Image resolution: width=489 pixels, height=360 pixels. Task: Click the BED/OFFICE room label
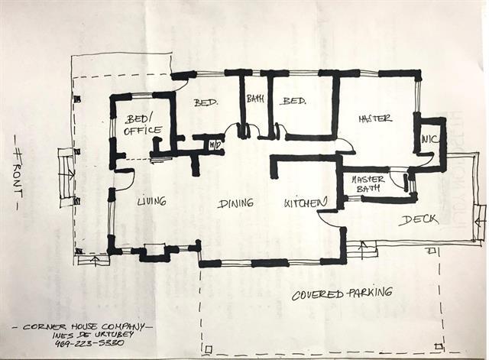pos(143,125)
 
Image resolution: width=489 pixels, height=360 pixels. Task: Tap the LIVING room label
pos(151,202)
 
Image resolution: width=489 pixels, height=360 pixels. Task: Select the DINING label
pos(235,203)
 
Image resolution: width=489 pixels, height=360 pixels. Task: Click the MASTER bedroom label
pos(374,118)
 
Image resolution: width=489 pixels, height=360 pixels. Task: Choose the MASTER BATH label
pos(369,183)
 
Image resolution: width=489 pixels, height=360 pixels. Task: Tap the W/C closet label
pos(428,139)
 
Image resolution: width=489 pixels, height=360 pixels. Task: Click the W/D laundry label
pos(215,144)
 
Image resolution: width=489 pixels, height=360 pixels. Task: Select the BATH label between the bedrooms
pos(254,98)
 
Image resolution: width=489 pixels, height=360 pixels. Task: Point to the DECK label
pos(418,220)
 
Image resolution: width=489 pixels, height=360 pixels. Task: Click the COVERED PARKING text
pos(342,293)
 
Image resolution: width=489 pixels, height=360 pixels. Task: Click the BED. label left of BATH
pos(206,102)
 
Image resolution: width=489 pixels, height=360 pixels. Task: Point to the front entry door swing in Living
pos(125,180)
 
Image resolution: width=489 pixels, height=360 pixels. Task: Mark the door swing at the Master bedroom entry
pos(344,145)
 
